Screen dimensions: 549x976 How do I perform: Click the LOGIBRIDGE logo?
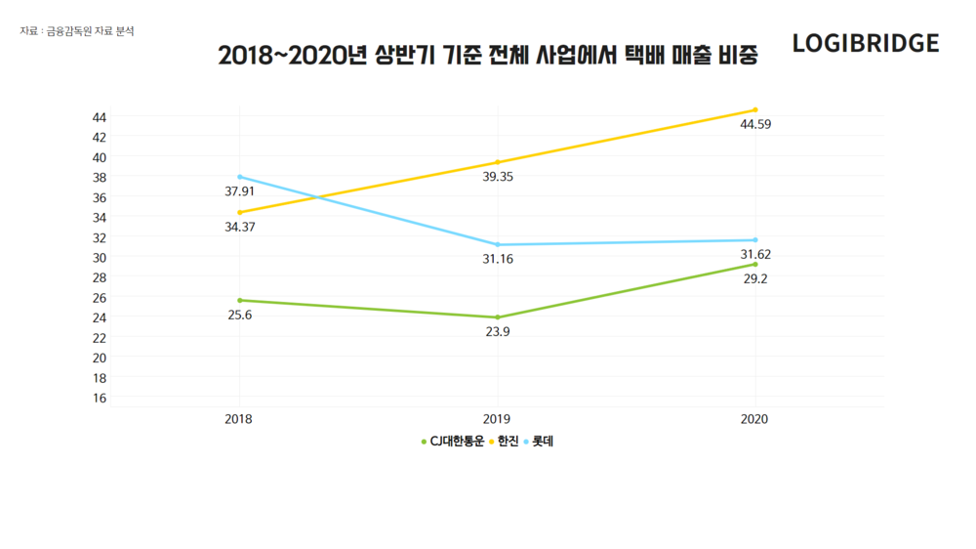(x=866, y=43)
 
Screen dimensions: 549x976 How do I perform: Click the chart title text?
(x=487, y=56)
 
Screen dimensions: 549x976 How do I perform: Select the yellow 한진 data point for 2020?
(x=754, y=110)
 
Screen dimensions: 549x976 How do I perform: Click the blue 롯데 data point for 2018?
(x=239, y=177)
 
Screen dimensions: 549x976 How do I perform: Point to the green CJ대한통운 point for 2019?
(x=498, y=317)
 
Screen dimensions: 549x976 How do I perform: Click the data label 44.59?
(x=755, y=125)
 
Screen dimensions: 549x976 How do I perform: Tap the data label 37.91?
(x=240, y=191)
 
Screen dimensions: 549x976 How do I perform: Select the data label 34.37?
(x=240, y=227)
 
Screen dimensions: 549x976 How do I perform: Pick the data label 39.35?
(x=498, y=177)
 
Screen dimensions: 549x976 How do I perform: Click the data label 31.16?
(x=498, y=259)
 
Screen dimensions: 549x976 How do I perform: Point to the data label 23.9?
(x=498, y=331)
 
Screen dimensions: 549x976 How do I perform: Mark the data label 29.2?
(x=755, y=278)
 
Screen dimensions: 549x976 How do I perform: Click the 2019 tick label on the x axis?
(x=498, y=419)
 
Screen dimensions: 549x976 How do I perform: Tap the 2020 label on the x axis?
(x=754, y=419)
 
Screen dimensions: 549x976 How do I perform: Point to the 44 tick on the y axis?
(x=100, y=116)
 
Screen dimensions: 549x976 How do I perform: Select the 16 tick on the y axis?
(x=100, y=398)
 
